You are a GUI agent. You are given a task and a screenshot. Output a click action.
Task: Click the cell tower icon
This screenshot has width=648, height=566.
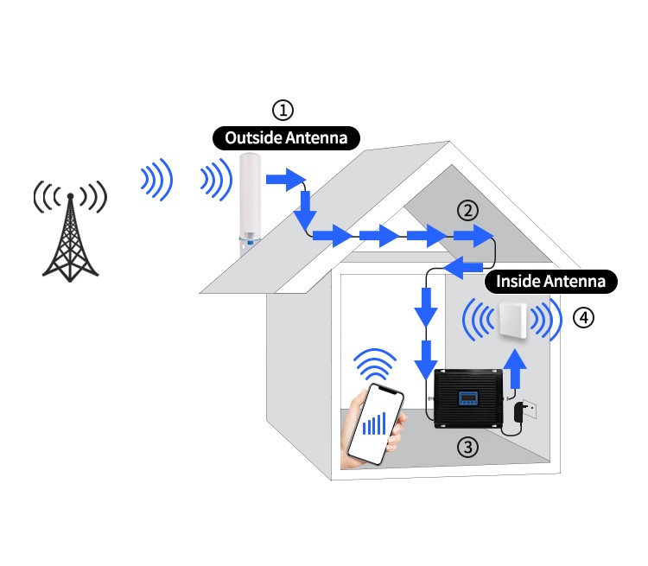click(69, 228)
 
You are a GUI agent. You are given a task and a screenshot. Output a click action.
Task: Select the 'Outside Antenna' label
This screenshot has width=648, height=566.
click(285, 137)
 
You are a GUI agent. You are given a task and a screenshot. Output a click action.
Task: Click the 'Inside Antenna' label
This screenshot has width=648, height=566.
click(553, 281)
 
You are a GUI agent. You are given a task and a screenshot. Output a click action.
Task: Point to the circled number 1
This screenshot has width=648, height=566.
click(283, 110)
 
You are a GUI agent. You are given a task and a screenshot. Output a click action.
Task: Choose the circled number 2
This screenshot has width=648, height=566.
click(467, 210)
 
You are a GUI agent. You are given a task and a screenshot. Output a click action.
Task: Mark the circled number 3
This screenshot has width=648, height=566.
click(467, 447)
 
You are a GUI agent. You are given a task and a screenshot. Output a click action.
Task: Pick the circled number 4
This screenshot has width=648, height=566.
click(584, 318)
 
